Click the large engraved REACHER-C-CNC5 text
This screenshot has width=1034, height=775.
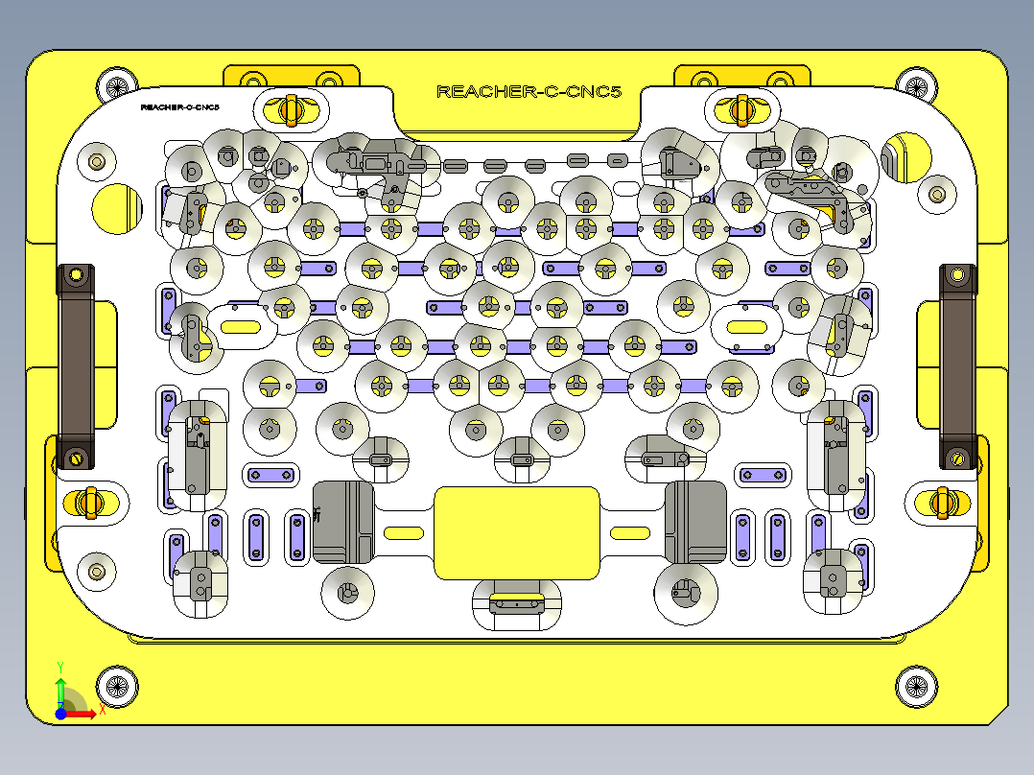pos(529,92)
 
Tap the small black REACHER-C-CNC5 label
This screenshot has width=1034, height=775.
pos(179,107)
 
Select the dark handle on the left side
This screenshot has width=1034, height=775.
pos(76,367)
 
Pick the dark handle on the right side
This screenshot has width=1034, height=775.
pos(957,367)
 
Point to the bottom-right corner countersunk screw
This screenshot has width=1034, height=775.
pos(916,685)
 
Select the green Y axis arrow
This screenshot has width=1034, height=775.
pos(60,690)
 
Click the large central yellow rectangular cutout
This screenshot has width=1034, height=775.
pos(517,532)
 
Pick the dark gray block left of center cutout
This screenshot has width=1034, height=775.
pos(342,522)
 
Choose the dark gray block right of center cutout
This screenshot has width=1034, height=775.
pos(695,522)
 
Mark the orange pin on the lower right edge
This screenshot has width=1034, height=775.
pos(942,502)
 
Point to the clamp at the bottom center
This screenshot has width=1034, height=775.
pos(517,604)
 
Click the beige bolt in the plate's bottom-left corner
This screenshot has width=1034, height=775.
pos(97,572)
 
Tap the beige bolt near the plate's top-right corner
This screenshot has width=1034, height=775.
pos(936,195)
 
